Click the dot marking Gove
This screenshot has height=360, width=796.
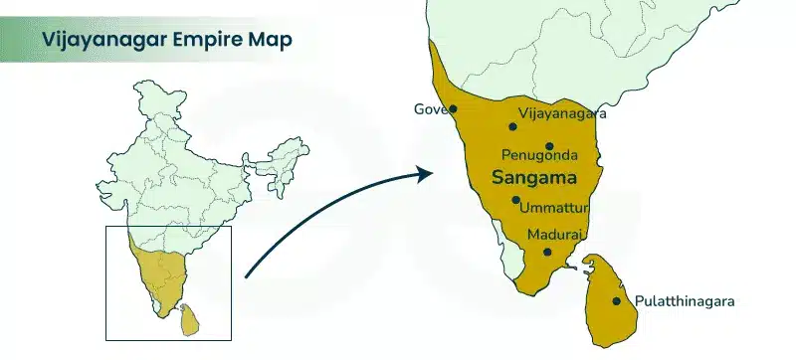coord(453,109)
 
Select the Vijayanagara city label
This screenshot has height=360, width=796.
coord(562,114)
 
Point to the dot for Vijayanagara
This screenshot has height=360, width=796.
coord(512,126)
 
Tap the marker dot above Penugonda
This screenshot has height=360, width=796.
coord(548,146)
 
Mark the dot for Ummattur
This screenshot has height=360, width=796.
coord(515,200)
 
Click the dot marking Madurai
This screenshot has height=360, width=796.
coord(545,252)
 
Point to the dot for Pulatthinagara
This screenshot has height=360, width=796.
coord(617,300)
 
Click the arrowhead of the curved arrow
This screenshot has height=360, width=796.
coord(425,175)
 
